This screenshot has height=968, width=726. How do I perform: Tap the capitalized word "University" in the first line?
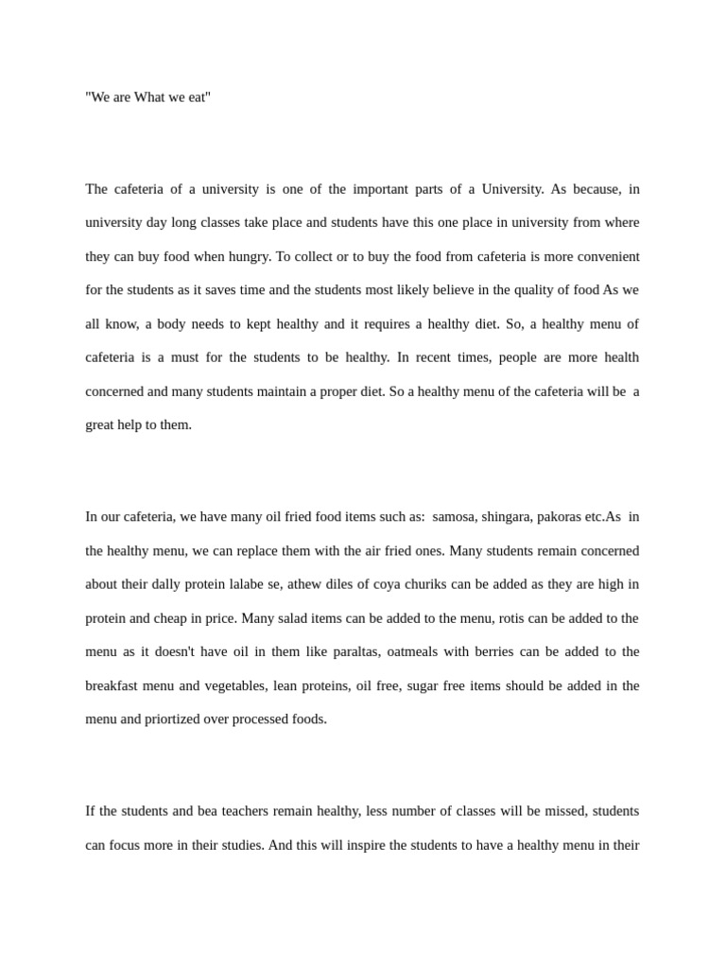512,189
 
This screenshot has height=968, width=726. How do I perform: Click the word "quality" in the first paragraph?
542,290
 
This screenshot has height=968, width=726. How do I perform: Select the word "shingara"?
508,517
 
